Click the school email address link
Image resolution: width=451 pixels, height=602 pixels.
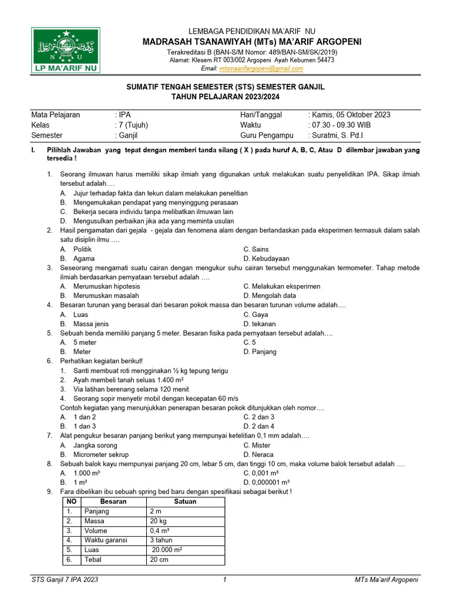[261, 68]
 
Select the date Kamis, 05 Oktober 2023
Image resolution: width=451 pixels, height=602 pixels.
[351, 115]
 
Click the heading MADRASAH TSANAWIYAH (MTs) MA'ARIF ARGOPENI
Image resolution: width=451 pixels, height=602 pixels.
[251, 41]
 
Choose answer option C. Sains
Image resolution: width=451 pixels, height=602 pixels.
[256, 249]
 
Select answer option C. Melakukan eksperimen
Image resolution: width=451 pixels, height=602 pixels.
[282, 286]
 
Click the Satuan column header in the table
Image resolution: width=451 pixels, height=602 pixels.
[185, 501]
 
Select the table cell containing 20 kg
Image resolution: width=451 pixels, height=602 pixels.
[158, 521]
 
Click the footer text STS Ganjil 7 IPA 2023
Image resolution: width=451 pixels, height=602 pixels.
[65, 580]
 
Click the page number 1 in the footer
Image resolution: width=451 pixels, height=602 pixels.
[225, 580]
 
